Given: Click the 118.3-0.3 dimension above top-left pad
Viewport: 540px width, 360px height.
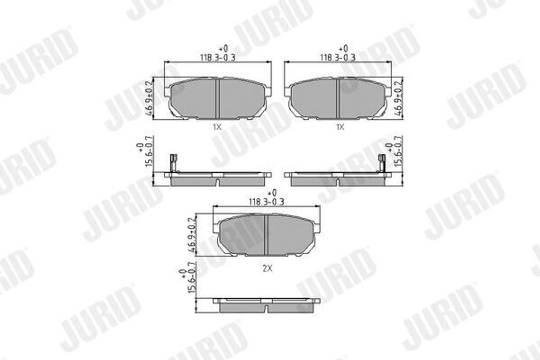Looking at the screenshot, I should point(218,56).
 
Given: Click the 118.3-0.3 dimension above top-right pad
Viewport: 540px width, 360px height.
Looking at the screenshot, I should point(337,56).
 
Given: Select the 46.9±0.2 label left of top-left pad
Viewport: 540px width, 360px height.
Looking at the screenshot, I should point(150,96).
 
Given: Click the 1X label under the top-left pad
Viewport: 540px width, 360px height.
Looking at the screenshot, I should point(218,127).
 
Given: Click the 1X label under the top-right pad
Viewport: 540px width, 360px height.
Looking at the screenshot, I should point(340,127).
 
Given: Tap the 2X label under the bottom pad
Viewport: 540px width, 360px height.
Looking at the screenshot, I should point(267,268).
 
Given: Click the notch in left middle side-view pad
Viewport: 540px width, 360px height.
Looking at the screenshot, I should point(218,182).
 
